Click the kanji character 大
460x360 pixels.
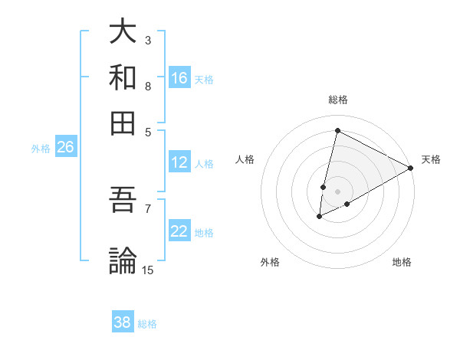pyautogui.click(x=123, y=33)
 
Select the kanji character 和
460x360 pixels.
pyautogui.click(x=123, y=77)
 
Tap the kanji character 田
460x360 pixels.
pyautogui.click(x=123, y=122)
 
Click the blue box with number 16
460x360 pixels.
pyautogui.click(x=179, y=78)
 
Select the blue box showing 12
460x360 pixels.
pyautogui.click(x=179, y=162)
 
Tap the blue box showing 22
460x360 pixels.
pyautogui.click(x=179, y=232)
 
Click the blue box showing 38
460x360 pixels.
pyautogui.click(x=123, y=322)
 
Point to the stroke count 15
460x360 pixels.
pyautogui.click(x=148, y=270)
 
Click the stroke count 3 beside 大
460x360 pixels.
pyautogui.click(x=148, y=40)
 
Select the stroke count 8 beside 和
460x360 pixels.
pyautogui.click(x=148, y=86)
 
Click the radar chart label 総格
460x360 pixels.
pyautogui.click(x=338, y=100)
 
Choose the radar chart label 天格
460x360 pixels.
pyautogui.click(x=431, y=159)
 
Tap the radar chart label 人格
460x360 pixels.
pyautogui.click(x=245, y=159)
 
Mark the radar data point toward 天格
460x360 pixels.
pyautogui.click(x=411, y=168)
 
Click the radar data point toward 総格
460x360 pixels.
pyautogui.click(x=337, y=131)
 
